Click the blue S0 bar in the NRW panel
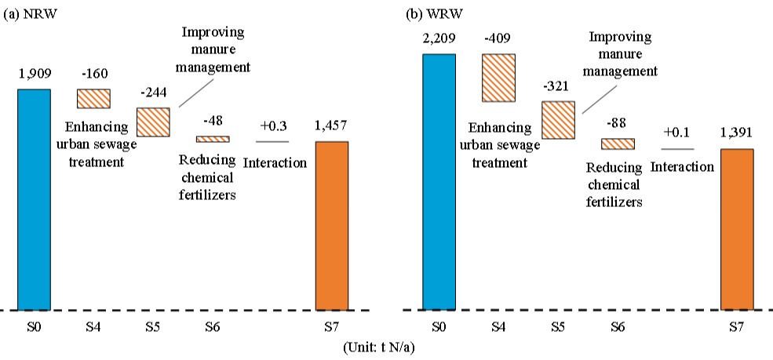coord(34,199)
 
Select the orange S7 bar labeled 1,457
coord(331,226)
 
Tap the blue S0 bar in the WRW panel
coord(439,182)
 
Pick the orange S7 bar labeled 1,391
coord(736,229)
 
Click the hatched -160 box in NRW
coord(93,99)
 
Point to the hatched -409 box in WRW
coord(498,78)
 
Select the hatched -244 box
coord(153,122)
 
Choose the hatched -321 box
coord(558,120)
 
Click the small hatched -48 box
coord(213,139)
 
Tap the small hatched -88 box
coord(618,144)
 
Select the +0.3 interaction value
coord(272,125)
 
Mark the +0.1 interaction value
coord(676,133)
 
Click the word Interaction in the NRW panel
coord(275,163)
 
